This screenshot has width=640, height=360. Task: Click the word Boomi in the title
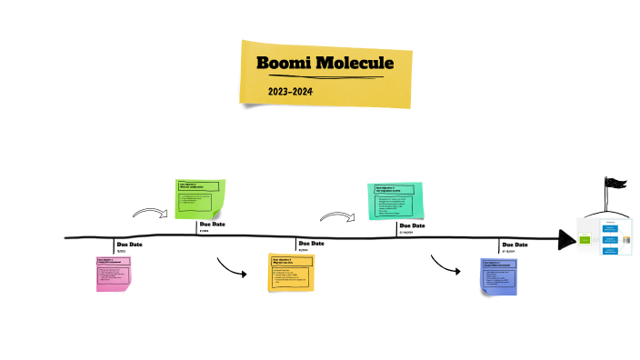(285, 64)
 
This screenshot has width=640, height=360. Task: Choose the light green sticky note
(200, 199)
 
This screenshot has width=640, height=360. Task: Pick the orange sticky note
(291, 273)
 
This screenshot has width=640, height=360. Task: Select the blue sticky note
(499, 276)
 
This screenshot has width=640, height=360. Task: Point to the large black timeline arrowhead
(566, 240)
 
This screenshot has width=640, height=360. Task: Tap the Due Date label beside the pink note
(129, 245)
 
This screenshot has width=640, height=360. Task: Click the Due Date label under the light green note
(212, 225)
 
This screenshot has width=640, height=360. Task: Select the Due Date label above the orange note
(312, 244)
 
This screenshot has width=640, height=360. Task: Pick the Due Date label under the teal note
(412, 225)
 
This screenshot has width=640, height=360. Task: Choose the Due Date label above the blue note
(515, 245)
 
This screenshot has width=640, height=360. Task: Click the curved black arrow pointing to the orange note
(232, 269)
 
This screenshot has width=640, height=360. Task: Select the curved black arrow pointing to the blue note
(445, 265)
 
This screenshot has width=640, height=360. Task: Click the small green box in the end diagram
(585, 239)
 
